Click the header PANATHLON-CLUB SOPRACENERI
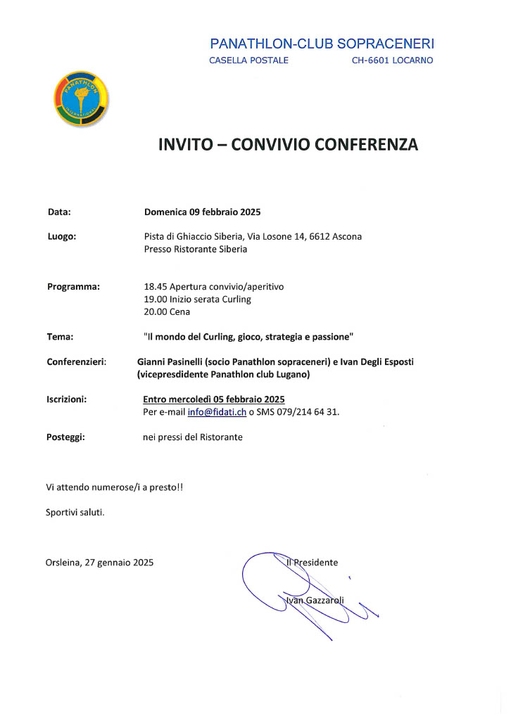[322, 44]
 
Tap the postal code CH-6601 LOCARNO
[392, 60]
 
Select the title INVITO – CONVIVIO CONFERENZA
[288, 145]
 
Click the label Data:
[59, 211]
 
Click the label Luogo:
[61, 236]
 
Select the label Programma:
[73, 286]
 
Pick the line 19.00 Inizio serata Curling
[197, 299]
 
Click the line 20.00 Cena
[167, 311]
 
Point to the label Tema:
[60, 337]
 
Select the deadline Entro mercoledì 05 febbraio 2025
[213, 399]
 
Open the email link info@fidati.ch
[217, 412]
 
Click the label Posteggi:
[65, 437]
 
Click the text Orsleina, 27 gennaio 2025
[99, 562]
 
